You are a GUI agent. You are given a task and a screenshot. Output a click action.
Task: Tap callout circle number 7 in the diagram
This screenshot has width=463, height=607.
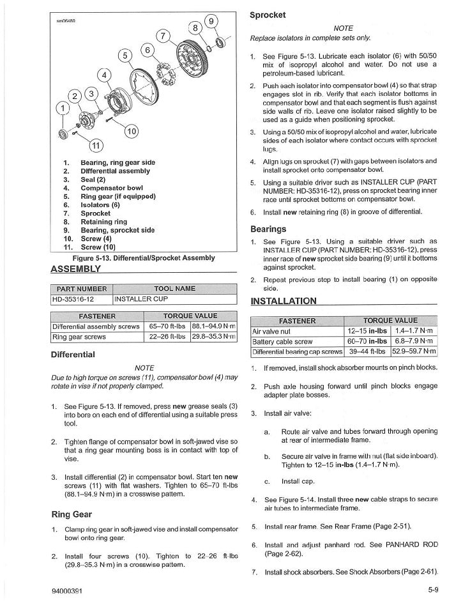(163, 36)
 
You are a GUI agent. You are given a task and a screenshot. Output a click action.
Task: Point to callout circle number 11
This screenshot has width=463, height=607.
(95, 146)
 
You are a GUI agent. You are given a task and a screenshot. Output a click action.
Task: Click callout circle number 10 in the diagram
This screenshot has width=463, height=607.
(131, 132)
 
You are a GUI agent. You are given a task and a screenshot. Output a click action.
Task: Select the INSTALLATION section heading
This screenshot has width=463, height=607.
(283, 301)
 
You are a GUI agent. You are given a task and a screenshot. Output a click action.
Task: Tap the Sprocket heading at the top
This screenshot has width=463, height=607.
(268, 15)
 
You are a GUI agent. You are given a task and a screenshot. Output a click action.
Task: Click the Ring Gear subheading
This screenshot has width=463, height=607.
(73, 514)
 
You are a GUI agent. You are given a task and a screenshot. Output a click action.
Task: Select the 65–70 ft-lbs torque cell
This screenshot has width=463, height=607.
(167, 326)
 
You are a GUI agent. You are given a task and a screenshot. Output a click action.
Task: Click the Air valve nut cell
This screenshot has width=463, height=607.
(273, 331)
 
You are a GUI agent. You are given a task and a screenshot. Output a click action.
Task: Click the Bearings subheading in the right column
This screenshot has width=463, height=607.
(268, 229)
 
